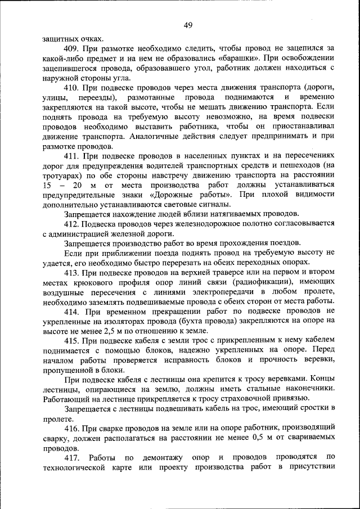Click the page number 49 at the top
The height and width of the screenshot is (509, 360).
(x=188, y=24)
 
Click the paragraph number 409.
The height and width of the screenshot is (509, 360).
(x=73, y=49)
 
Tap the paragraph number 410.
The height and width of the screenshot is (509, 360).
(x=73, y=88)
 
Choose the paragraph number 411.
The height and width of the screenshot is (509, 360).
(x=73, y=155)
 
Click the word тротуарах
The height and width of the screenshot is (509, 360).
(x=61, y=175)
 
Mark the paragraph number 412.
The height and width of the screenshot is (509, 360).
(x=73, y=223)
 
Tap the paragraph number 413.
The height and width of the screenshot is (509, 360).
(x=73, y=272)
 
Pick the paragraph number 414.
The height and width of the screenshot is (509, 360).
(x=73, y=310)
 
